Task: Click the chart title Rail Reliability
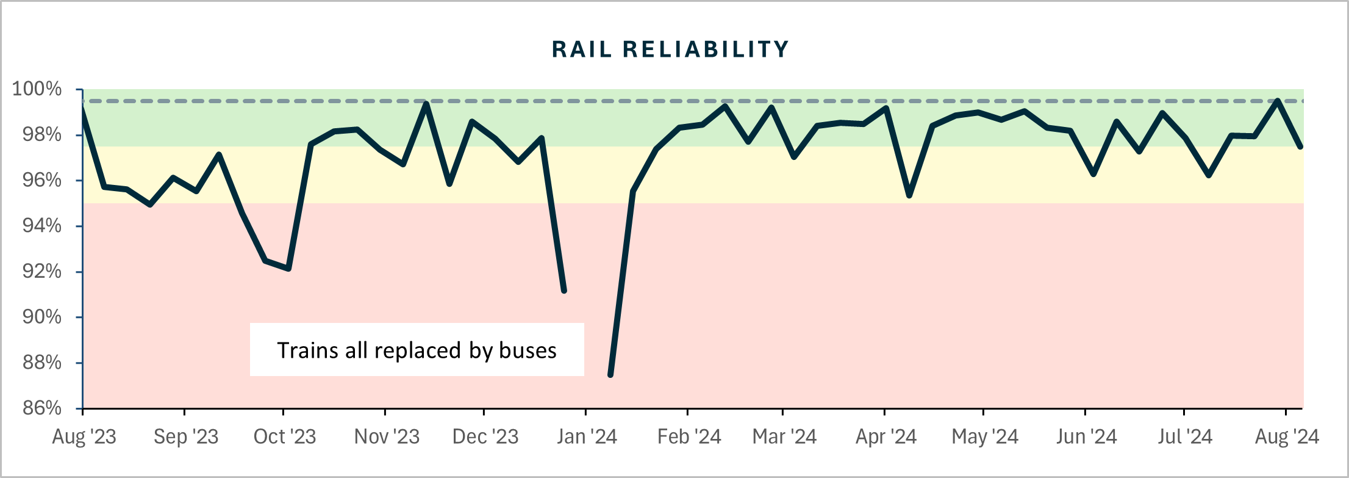click(670, 49)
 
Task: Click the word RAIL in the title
click(581, 49)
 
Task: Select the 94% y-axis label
click(41, 226)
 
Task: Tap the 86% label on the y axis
click(41, 408)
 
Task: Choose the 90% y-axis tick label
click(41, 317)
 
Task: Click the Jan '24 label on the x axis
click(587, 436)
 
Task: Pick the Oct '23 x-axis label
click(284, 436)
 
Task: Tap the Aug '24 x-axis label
click(1287, 436)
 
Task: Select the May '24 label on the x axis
click(985, 436)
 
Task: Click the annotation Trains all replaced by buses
click(417, 350)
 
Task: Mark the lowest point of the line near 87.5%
click(610, 374)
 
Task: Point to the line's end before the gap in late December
click(564, 291)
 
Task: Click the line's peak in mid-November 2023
click(426, 103)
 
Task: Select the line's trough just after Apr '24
click(909, 195)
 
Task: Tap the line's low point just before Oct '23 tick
click(288, 269)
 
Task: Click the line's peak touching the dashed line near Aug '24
click(1277, 101)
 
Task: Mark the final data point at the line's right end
click(1300, 147)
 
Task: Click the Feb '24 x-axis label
click(689, 436)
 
